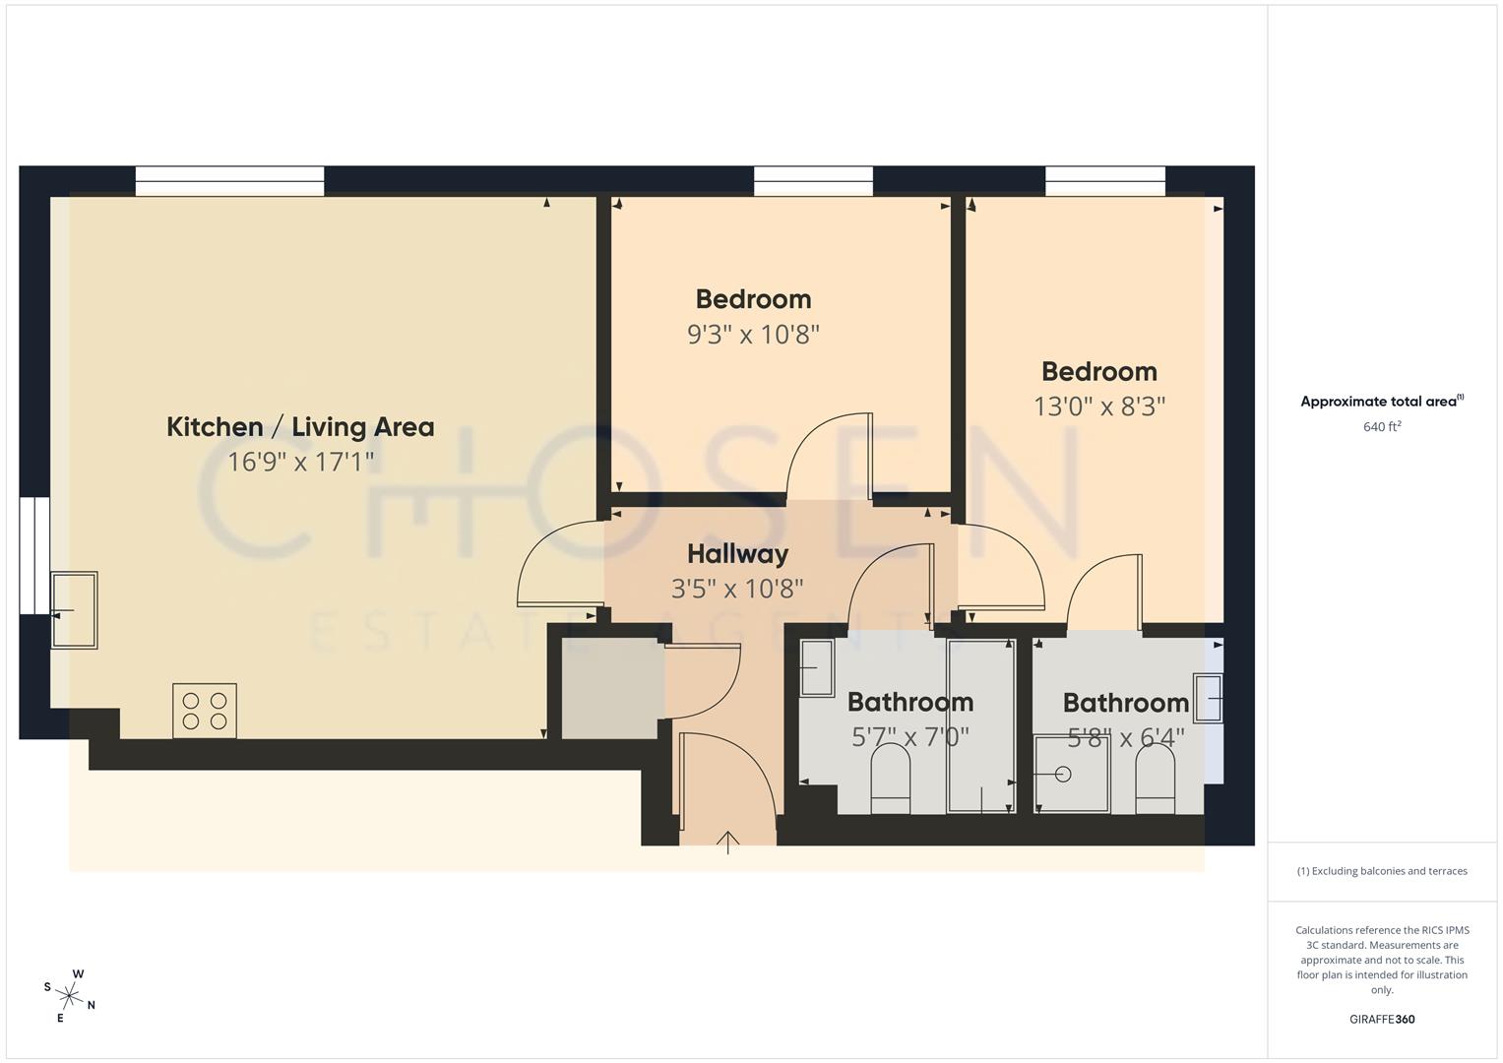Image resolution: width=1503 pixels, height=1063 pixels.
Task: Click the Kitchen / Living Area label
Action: tap(300, 427)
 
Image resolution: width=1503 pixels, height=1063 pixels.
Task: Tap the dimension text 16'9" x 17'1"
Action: tap(300, 462)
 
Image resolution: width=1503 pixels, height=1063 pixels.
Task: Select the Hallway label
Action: tap(737, 554)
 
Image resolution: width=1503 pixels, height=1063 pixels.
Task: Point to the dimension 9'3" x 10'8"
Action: tap(753, 335)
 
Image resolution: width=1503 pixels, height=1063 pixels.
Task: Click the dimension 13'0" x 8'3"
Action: tap(1098, 406)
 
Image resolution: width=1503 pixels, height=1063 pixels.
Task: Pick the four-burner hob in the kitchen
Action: tap(205, 711)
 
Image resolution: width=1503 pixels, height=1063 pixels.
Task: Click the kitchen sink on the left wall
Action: tap(74, 610)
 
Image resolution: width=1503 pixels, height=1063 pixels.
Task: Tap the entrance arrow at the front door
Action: tap(727, 843)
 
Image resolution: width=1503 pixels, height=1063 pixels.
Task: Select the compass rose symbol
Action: tap(70, 996)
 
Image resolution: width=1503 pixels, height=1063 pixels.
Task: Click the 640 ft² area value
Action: tap(1381, 427)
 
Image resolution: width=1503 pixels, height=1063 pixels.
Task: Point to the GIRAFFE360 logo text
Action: tap(1381, 1020)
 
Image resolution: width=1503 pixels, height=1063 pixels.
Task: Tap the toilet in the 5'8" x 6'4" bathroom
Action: tap(1156, 780)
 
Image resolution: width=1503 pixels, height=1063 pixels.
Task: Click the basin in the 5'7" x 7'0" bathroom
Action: tap(816, 668)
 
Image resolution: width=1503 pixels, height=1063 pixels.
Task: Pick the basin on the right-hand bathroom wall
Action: tap(1208, 698)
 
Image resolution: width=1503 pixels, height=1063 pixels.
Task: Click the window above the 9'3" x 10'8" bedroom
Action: tap(813, 181)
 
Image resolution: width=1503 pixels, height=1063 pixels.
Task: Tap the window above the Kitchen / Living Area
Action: tap(229, 181)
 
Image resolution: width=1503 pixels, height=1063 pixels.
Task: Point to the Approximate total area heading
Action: tap(1381, 402)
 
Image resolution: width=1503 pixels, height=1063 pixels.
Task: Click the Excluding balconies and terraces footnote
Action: tap(1381, 871)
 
